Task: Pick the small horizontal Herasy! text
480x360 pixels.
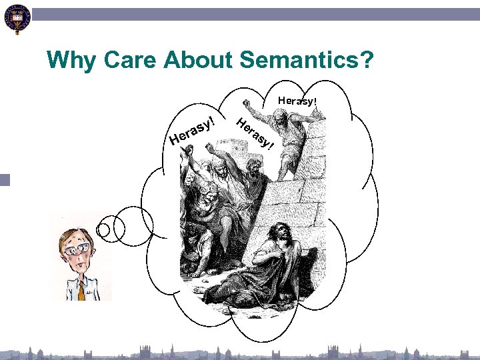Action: point(297,101)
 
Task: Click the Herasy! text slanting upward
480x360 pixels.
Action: point(193,131)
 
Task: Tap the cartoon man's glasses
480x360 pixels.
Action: point(79,248)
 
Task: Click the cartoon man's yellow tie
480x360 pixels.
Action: point(81,289)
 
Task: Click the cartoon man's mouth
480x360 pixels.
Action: point(81,265)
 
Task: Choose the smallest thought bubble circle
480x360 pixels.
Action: point(103,230)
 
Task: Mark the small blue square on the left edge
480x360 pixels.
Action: point(5,180)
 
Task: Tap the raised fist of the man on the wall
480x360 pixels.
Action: point(247,104)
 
